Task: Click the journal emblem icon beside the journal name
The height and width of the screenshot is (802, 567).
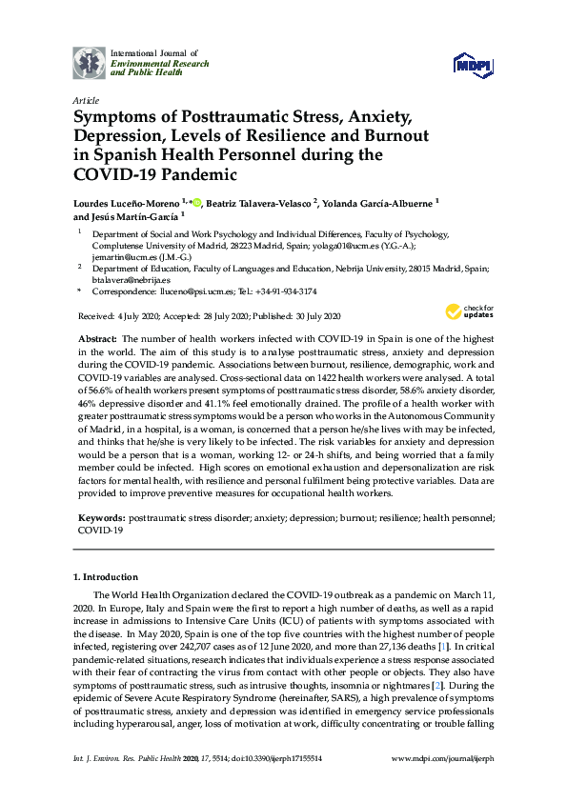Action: pyautogui.click(x=90, y=62)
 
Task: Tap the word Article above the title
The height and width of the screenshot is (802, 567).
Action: pyautogui.click(x=85, y=99)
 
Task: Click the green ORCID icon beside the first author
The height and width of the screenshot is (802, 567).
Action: pyautogui.click(x=197, y=201)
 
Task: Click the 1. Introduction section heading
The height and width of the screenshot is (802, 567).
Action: pyautogui.click(x=105, y=577)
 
